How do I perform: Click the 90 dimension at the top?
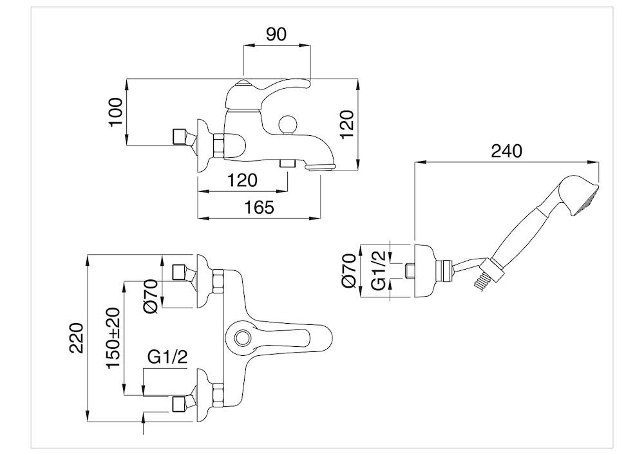coord(276,35)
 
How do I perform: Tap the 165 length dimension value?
coord(259,207)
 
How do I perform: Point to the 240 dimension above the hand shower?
coord(506,151)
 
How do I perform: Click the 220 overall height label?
coord(77,338)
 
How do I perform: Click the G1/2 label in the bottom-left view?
coord(167,357)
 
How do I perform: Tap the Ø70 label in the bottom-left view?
coord(151,296)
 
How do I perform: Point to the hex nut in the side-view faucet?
coord(218,146)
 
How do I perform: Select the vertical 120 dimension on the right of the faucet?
coord(348,124)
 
